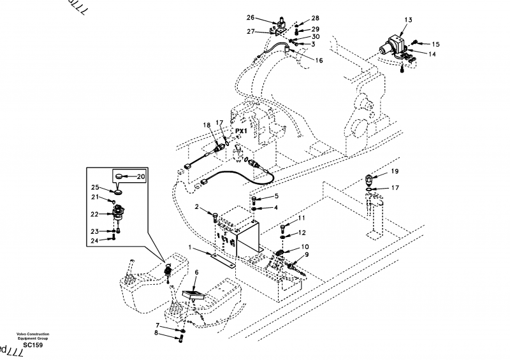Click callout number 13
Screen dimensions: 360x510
tap(409, 20)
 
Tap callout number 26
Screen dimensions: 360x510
tap(250, 18)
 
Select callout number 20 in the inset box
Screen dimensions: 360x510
tap(141, 176)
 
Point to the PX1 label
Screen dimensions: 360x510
tap(241, 131)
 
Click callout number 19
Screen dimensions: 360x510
tap(395, 171)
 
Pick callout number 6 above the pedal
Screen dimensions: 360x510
tap(197, 272)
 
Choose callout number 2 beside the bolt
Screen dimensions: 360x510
tap(198, 207)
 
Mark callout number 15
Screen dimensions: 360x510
tap(436, 44)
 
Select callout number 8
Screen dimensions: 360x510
tap(155, 333)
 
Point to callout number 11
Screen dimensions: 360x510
tap(302, 219)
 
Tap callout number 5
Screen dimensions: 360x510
tap(277, 196)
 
